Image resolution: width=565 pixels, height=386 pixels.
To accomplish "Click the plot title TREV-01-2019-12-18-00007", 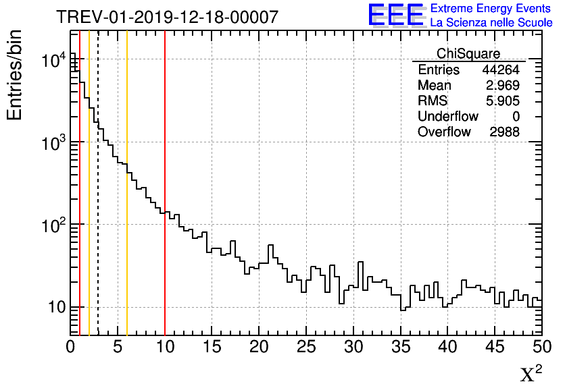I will (x=166, y=17).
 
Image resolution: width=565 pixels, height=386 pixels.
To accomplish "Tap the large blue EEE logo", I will (x=395, y=15).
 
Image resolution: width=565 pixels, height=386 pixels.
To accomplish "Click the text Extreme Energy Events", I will (x=491, y=9).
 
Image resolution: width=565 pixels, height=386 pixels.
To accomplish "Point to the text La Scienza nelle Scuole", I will (x=491, y=22).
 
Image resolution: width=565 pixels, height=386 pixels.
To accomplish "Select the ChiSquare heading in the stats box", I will (x=468, y=53).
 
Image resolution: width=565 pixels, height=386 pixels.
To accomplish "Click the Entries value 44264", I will (x=500, y=70).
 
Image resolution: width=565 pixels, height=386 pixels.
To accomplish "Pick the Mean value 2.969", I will (x=503, y=86).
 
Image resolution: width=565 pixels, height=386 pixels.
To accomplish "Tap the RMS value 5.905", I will (x=503, y=101).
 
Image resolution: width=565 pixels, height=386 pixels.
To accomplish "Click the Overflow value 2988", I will (x=504, y=132).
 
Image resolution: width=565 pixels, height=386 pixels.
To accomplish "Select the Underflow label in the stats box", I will (x=447, y=117).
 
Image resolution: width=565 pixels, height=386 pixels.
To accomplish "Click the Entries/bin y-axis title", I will (x=15, y=75).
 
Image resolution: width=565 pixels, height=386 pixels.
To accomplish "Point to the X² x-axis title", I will (x=531, y=374).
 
